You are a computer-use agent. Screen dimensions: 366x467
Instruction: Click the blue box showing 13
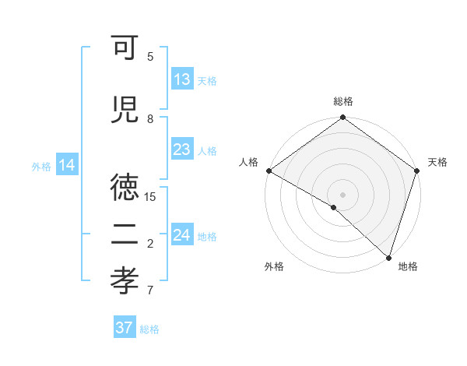point(182,79)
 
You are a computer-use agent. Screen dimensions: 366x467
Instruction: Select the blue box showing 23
point(182,150)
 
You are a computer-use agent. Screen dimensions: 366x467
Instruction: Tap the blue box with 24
point(182,235)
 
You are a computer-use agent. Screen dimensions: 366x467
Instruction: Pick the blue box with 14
point(66,165)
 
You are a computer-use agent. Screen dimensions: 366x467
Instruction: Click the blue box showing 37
point(125,328)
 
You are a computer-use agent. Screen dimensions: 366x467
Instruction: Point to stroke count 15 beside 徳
point(151,196)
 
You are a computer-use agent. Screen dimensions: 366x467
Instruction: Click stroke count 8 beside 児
point(151,118)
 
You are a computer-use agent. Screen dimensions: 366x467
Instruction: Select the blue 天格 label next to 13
point(207,80)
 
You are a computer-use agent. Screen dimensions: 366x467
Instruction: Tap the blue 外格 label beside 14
point(41,166)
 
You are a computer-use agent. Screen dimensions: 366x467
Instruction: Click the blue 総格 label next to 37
point(149,329)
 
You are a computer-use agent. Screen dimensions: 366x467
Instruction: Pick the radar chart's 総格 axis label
point(343,101)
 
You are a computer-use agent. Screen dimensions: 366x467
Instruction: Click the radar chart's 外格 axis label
point(274,266)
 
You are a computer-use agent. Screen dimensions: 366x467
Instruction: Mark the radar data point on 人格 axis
point(269,171)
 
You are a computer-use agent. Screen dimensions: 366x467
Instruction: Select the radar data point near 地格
point(388,258)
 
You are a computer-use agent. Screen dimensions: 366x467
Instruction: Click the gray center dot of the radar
point(342,194)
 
